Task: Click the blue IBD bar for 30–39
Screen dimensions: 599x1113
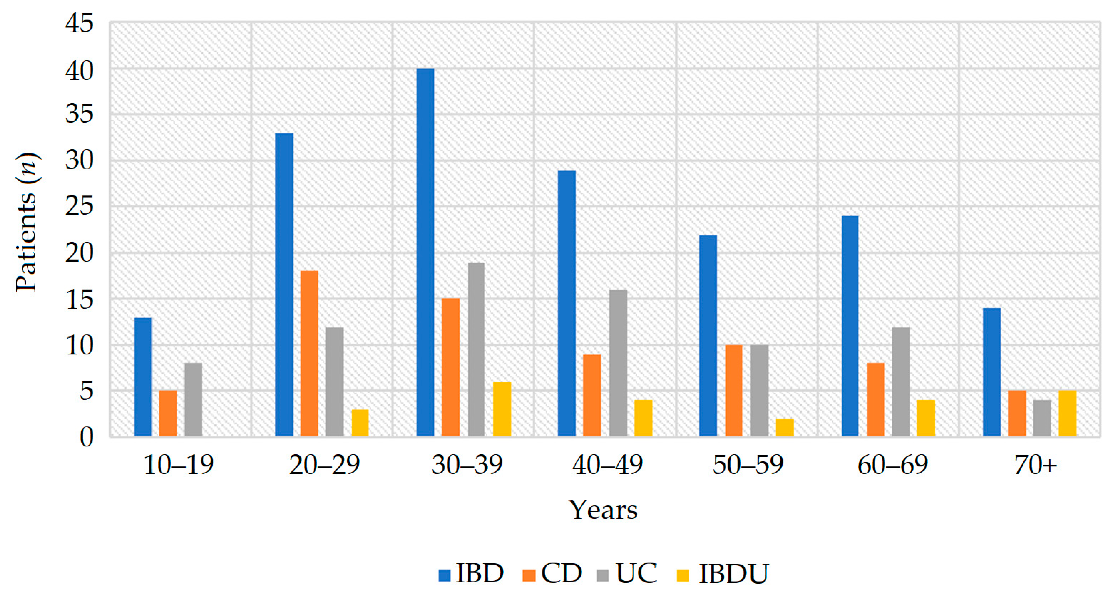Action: click(x=425, y=252)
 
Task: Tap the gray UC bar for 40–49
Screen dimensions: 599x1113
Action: click(x=618, y=363)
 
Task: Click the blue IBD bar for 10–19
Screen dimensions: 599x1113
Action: click(x=143, y=377)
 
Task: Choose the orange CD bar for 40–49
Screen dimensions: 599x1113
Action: click(x=591, y=395)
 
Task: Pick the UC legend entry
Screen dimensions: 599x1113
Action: click(x=627, y=574)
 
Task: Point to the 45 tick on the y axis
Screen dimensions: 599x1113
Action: click(x=80, y=23)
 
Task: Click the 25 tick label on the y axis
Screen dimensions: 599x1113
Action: click(x=80, y=206)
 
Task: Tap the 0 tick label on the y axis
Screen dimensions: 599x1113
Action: click(x=86, y=437)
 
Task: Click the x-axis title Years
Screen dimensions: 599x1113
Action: click(x=603, y=510)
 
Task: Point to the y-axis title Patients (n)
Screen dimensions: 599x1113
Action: click(x=27, y=222)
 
